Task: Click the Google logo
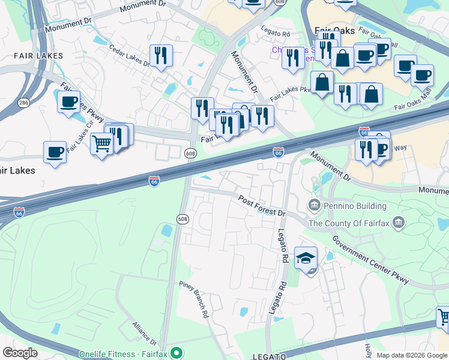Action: click(20, 353)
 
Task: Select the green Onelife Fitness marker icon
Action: click(176, 352)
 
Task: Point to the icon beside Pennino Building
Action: click(314, 206)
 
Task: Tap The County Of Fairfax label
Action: click(348, 224)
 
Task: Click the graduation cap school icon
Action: click(306, 258)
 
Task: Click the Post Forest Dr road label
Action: click(262, 205)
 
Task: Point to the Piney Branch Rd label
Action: click(194, 298)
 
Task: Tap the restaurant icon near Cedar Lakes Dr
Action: click(161, 56)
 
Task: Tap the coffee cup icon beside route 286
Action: click(69, 101)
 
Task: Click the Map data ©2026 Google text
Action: click(412, 355)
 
